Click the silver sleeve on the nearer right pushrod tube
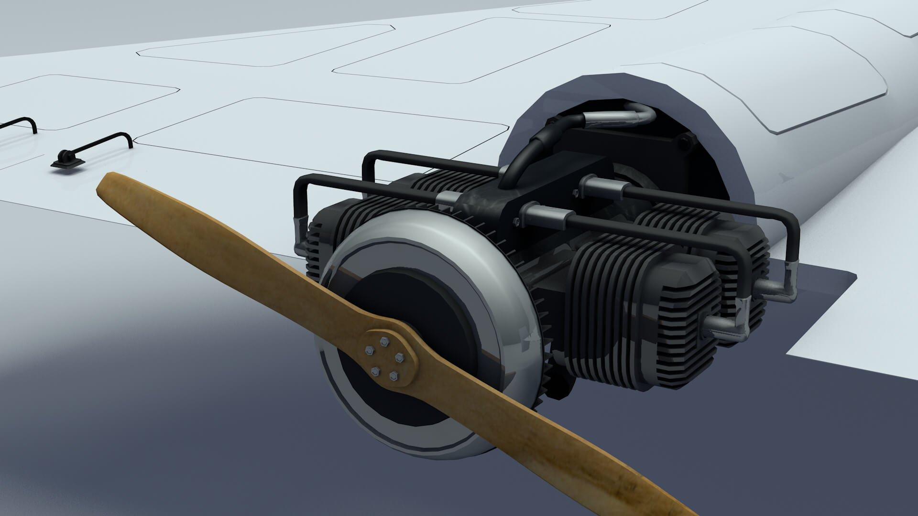pyautogui.click(x=545, y=215)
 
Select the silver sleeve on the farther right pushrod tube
pyautogui.click(x=598, y=184)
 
